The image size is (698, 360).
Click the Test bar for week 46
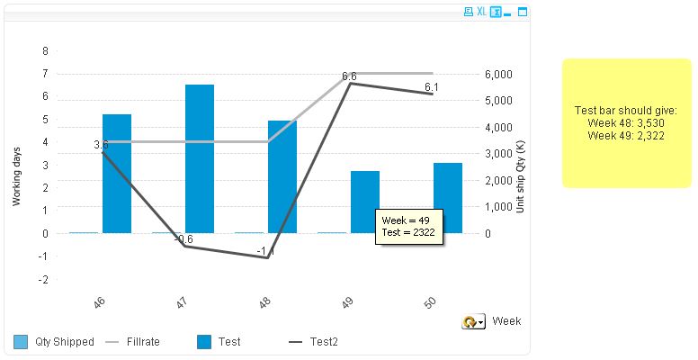point(117,174)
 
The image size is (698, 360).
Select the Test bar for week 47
point(200,158)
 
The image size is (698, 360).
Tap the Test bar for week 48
point(282,176)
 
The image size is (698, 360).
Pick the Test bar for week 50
point(448,198)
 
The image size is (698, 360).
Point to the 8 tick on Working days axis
point(45,50)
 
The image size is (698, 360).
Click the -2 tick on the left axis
point(43,279)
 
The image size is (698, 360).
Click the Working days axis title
point(16,175)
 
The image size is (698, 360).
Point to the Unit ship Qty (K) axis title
point(520,176)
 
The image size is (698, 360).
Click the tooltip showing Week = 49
point(407,226)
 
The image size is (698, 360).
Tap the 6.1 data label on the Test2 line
point(432,86)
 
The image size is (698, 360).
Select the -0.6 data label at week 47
point(183,239)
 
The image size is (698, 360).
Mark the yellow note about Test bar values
point(625,122)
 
